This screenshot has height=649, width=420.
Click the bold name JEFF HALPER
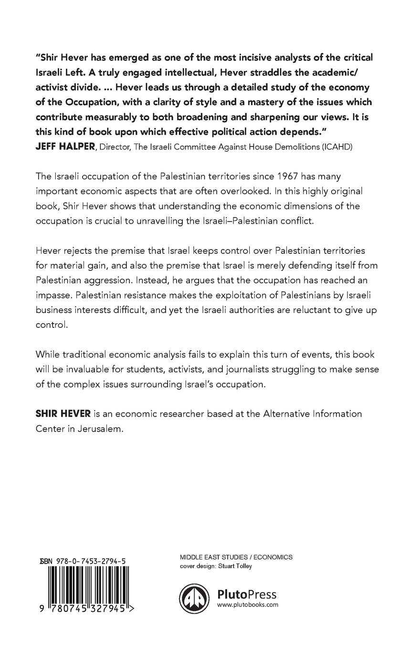pyautogui.click(x=58, y=147)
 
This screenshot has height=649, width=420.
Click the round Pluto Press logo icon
pyautogui.click(x=194, y=598)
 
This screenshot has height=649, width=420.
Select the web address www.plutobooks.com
pyautogui.click(x=247, y=605)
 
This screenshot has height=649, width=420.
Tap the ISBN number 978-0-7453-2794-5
pyautogui.click(x=91, y=563)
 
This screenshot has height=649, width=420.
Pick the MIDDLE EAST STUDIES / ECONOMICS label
pyautogui.click(x=236, y=557)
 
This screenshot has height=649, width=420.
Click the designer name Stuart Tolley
pyautogui.click(x=235, y=566)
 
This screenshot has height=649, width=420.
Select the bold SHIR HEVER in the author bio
pyautogui.click(x=56, y=413)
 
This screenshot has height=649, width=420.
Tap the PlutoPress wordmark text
pyautogui.click(x=247, y=594)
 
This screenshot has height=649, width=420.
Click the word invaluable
pyautogui.click(x=89, y=369)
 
